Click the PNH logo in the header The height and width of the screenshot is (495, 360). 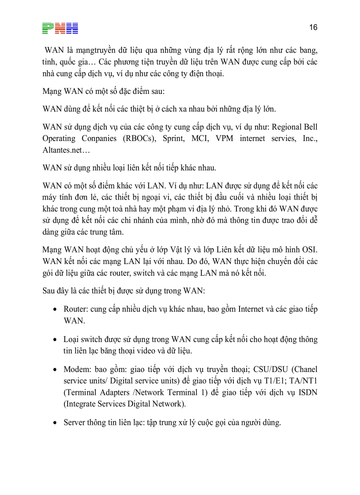(x=60, y=28)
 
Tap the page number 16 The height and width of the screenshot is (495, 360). (x=313, y=27)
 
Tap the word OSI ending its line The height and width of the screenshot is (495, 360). (x=309, y=249)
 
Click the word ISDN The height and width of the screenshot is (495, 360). (x=307, y=392)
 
